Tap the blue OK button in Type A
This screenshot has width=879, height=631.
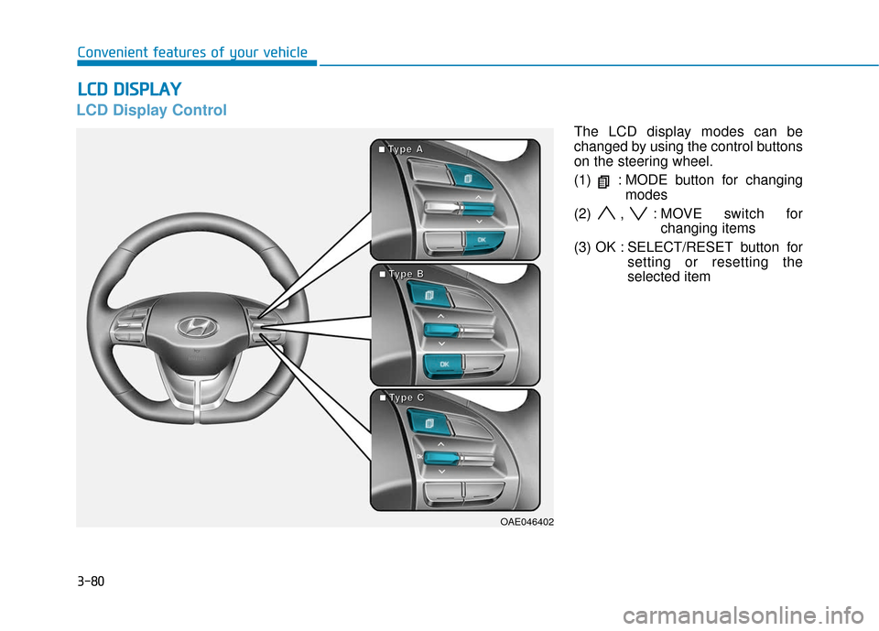click(483, 241)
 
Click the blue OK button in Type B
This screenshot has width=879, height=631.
click(443, 364)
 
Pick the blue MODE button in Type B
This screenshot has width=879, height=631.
click(429, 295)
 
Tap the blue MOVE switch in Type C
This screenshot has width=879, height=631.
click(441, 458)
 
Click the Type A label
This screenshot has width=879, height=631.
click(401, 149)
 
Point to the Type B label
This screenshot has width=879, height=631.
click(401, 274)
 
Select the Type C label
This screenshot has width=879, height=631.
click(401, 397)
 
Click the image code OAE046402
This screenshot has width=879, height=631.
click(527, 522)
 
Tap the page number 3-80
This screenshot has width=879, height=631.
click(91, 581)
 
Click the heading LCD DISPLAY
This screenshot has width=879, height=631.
click(129, 90)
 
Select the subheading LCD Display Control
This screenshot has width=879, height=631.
click(151, 110)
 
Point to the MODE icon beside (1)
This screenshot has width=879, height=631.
click(603, 181)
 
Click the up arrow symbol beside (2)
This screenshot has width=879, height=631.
click(606, 213)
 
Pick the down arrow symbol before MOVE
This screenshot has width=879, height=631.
click(638, 213)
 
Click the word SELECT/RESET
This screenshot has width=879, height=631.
click(680, 247)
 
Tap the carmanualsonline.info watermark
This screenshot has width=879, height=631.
click(743, 615)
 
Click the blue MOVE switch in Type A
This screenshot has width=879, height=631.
click(478, 209)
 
